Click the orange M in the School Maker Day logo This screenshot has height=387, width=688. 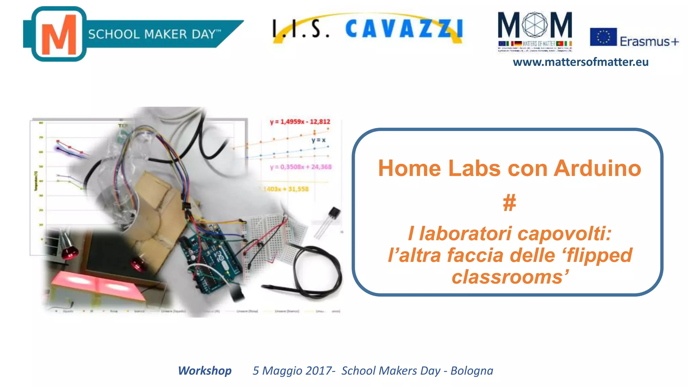coord(59,35)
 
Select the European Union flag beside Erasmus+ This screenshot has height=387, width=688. coord(603,37)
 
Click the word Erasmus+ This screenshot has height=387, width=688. coord(649,42)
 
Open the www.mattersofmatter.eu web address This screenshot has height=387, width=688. coord(580,62)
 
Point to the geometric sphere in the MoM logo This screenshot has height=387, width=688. coord(535,25)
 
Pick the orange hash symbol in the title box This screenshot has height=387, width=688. coord(509,203)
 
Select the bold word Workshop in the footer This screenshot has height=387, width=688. coord(205,371)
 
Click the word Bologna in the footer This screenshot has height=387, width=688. coord(472,371)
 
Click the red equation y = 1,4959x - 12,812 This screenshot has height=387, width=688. coord(300,122)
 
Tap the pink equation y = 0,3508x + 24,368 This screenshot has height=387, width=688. coord(301,167)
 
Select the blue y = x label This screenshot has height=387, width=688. coord(318,140)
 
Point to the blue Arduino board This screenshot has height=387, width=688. coord(208,259)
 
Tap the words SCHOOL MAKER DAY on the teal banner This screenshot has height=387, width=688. coord(151,34)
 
